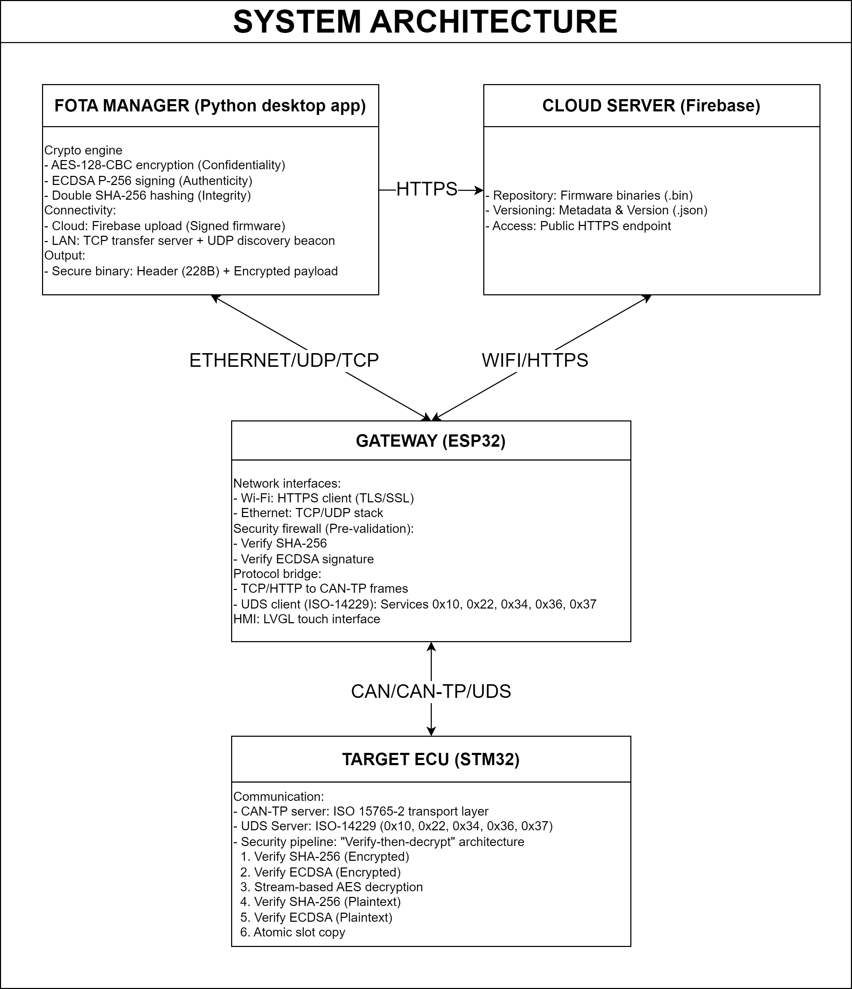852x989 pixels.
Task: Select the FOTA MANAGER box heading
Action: [210, 105]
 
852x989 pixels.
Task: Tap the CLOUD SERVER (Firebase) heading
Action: [651, 105]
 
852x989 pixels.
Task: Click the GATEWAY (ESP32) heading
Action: [430, 441]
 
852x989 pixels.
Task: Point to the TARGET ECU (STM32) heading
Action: [430, 759]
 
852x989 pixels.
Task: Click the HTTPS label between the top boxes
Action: [427, 190]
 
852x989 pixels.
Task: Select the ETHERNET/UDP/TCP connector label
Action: [284, 360]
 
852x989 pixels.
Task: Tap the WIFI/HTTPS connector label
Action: [535, 360]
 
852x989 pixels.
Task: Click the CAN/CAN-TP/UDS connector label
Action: [431, 692]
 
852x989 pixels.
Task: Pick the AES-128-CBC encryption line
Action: [165, 165]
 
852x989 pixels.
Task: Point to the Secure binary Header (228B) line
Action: [191, 271]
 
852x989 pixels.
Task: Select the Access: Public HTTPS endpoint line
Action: [578, 226]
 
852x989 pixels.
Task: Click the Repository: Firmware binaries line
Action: [589, 195]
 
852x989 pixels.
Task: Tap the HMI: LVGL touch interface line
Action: [306, 619]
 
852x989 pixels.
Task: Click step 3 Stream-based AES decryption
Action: [332, 887]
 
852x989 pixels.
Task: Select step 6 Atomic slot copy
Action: [292, 932]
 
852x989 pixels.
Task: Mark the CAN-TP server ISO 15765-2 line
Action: [361, 811]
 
